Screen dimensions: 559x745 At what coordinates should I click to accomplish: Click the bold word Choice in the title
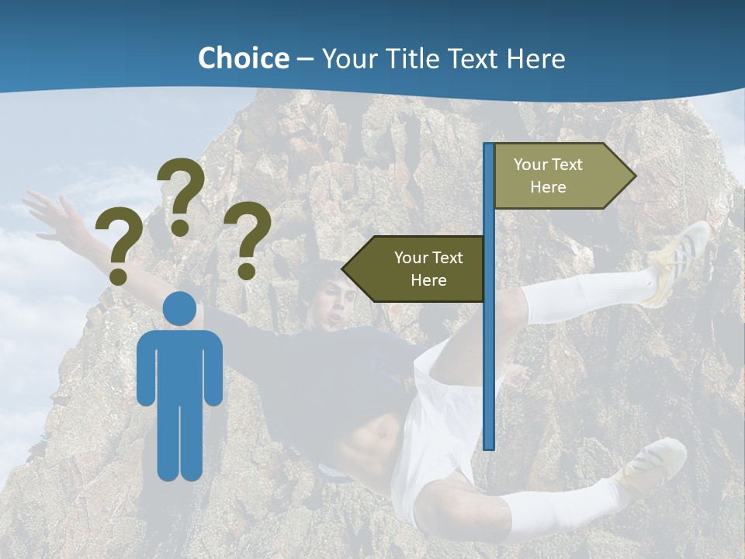coord(243,58)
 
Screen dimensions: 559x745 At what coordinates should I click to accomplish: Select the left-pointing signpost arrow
coord(415,269)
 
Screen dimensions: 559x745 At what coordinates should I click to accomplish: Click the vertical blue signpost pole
coord(489,349)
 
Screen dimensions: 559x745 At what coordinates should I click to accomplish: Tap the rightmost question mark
coord(248,239)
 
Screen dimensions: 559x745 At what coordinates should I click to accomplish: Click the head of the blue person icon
coord(180,308)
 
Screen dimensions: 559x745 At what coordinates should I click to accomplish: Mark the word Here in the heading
coord(535,58)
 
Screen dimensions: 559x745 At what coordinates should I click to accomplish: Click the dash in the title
coord(305,59)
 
